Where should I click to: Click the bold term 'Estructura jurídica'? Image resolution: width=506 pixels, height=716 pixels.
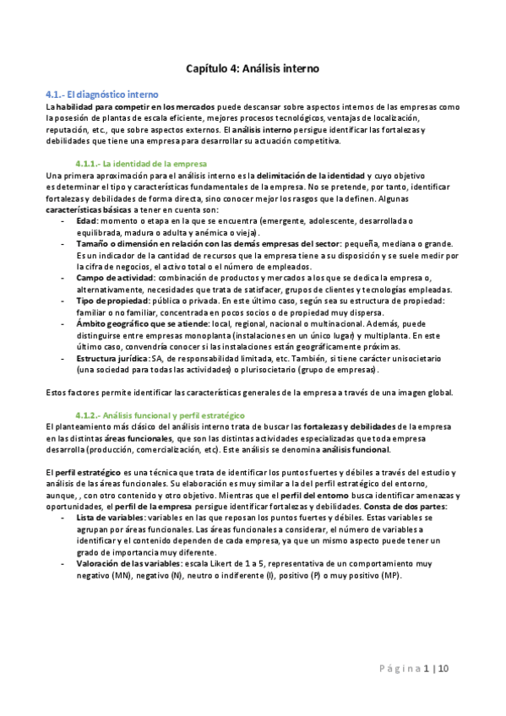(x=112, y=358)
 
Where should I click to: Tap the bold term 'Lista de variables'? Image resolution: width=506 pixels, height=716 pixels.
(x=110, y=517)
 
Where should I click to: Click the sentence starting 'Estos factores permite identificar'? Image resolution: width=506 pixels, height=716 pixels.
(x=250, y=392)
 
